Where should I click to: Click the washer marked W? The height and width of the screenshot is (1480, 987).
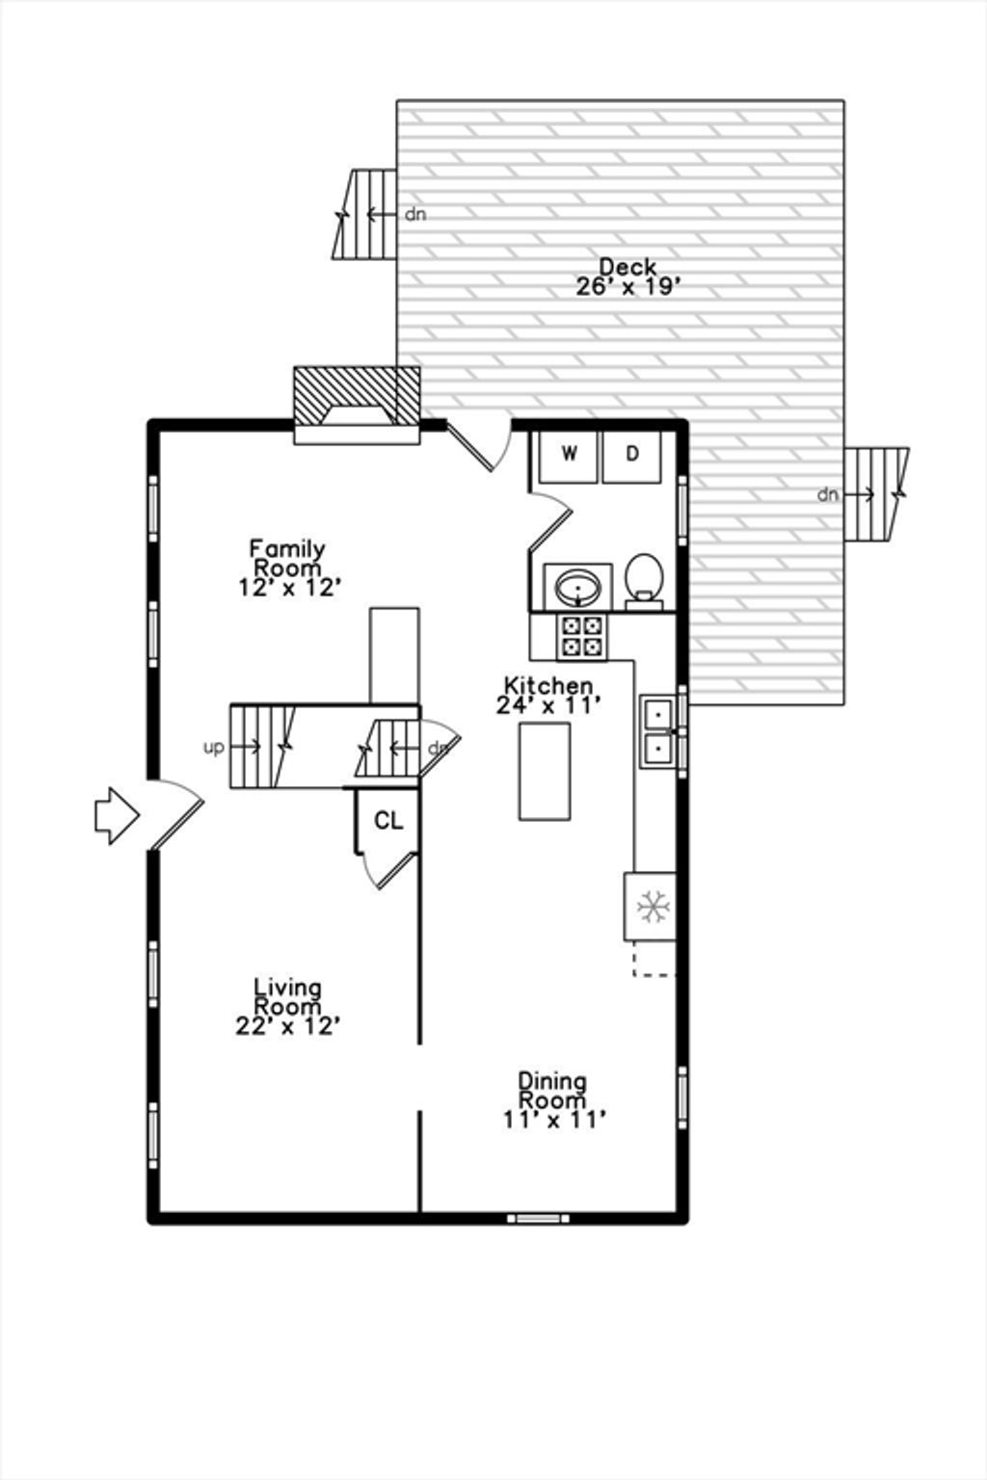pyautogui.click(x=568, y=457)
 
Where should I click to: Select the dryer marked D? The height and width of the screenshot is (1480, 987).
pyautogui.click(x=632, y=457)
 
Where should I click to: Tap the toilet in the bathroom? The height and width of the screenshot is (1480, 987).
pyautogui.click(x=644, y=581)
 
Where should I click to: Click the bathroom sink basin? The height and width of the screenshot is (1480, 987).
pyautogui.click(x=578, y=587)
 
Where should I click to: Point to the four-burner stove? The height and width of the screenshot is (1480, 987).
pyautogui.click(x=582, y=637)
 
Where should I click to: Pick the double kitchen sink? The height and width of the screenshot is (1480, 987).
pyautogui.click(x=657, y=730)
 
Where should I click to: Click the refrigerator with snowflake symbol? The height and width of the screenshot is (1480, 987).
pyautogui.click(x=651, y=906)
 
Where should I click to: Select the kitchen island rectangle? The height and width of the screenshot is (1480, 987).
pyautogui.click(x=545, y=771)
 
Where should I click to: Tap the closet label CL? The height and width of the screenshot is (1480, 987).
pyautogui.click(x=388, y=821)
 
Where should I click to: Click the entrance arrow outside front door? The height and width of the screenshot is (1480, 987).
pyautogui.click(x=117, y=815)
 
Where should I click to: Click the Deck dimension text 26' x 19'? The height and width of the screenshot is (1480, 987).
pyautogui.click(x=628, y=287)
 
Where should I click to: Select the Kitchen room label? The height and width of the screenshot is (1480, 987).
pyautogui.click(x=548, y=685)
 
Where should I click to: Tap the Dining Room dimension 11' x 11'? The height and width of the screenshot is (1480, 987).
pyautogui.click(x=554, y=1120)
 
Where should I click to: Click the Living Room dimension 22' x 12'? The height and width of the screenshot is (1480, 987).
pyautogui.click(x=287, y=1025)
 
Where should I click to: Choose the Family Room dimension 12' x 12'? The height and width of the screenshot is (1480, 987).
pyautogui.click(x=289, y=588)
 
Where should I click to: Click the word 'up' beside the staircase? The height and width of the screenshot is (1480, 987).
pyautogui.click(x=214, y=749)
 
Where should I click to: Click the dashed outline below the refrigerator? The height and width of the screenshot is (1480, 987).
pyautogui.click(x=654, y=958)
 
